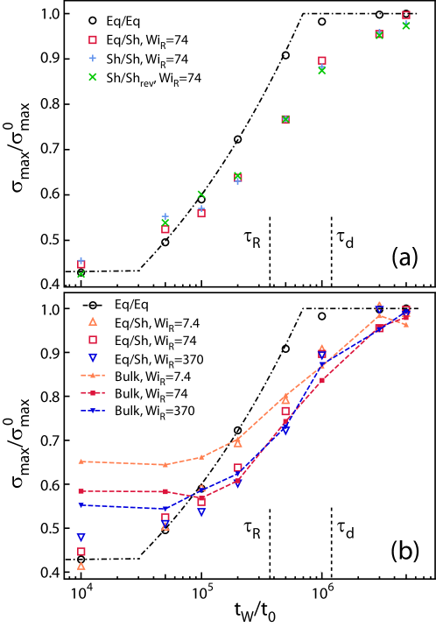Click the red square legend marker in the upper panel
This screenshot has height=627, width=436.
(x=93, y=39)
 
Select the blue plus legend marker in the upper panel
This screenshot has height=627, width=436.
(x=93, y=59)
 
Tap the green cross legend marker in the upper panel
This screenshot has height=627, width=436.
(x=93, y=77)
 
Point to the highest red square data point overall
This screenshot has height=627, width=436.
(x=406, y=15)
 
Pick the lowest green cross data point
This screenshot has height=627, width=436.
(x=81, y=274)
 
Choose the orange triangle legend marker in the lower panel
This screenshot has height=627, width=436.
(x=93, y=321)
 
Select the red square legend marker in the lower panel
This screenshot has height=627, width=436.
(x=93, y=340)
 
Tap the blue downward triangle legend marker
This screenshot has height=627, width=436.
(x=93, y=357)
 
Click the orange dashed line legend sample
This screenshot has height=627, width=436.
(x=93, y=375)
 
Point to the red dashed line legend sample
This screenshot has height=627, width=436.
(x=93, y=393)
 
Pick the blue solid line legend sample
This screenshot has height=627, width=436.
(x=93, y=410)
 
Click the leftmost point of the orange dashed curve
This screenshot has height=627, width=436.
(x=81, y=461)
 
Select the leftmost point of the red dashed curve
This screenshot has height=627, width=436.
(x=81, y=491)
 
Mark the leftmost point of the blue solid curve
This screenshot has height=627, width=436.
(x=81, y=505)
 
